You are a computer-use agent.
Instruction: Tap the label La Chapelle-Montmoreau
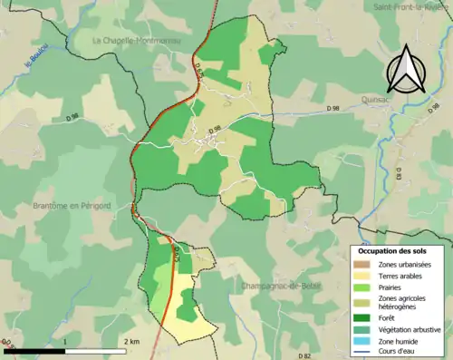137,41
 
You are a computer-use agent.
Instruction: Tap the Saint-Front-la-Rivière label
409,7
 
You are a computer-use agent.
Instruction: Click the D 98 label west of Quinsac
337,109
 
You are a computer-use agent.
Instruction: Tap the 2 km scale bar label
131,342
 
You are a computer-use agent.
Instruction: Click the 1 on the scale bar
65,342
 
